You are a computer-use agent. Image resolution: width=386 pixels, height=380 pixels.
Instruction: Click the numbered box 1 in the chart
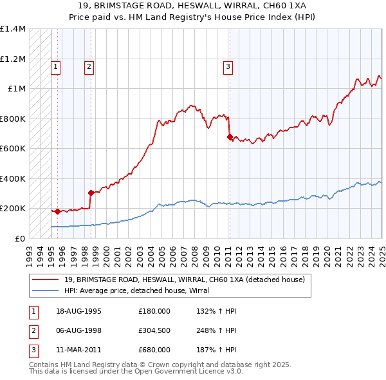56,65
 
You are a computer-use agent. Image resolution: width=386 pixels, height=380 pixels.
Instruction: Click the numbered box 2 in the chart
88,65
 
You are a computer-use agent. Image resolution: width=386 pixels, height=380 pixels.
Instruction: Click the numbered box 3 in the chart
228,65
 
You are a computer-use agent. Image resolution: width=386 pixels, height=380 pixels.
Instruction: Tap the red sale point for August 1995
57,211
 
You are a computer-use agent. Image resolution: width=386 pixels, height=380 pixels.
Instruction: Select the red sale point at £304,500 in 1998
91,193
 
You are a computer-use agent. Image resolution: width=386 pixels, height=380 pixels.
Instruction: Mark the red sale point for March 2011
230,137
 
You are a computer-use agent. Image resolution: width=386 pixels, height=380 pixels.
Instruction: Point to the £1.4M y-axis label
13,29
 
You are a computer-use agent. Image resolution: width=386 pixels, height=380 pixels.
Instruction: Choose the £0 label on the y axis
19,238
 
